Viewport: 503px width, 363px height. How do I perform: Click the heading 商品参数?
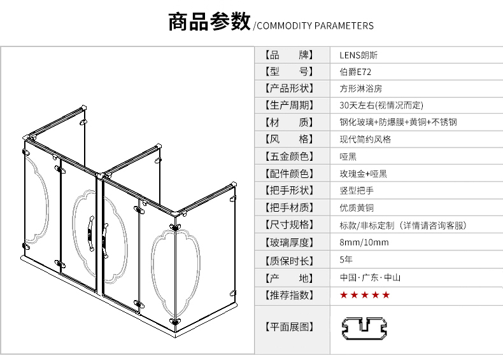209,22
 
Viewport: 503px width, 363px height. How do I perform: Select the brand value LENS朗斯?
358,55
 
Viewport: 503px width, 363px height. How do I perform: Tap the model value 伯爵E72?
355,72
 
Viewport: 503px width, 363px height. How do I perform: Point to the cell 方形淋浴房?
361,88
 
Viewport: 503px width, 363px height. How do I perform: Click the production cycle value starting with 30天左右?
381,105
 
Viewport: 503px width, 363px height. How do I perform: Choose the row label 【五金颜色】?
289,156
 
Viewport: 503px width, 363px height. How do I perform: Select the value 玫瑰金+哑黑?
364,174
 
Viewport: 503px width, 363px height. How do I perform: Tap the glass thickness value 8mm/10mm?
364,242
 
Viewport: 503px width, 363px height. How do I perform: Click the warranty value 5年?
346,259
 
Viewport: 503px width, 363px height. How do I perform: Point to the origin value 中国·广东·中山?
370,277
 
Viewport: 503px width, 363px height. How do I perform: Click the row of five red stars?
365,295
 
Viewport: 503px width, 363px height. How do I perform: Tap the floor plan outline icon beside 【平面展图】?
364,329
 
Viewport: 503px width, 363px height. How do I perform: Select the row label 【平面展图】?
289,327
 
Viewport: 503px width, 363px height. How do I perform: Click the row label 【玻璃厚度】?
289,243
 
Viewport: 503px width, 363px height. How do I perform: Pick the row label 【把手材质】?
289,208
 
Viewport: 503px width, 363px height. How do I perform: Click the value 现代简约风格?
365,139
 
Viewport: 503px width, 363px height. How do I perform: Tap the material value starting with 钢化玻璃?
399,122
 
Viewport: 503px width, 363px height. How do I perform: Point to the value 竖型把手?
357,191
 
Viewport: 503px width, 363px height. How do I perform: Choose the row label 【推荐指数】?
289,295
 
